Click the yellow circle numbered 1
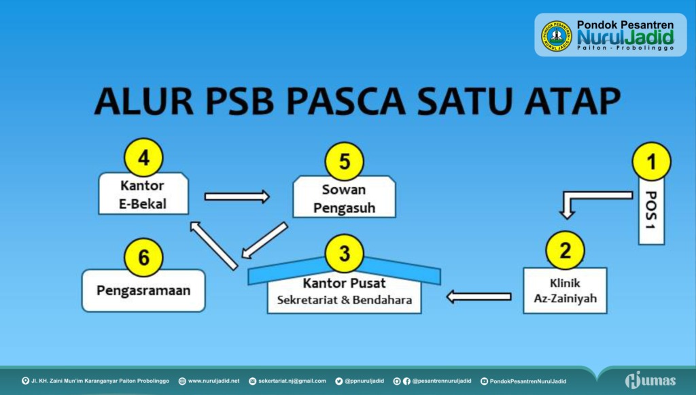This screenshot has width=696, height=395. pos(651,162)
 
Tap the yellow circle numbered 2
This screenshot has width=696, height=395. pos(565,250)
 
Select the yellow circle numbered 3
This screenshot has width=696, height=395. pos(345,254)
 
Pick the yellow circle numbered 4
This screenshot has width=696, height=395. pos(144,158)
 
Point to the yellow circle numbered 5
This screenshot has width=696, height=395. pos(345,162)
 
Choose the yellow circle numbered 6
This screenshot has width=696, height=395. pos(144,258)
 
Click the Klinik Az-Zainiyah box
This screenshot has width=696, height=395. pos(565,291)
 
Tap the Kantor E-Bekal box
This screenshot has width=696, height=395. pos(143,194)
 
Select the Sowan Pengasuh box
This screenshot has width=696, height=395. pos(344,197)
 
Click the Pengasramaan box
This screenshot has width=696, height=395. pos(143,291)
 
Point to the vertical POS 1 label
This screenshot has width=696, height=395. pos(651,210)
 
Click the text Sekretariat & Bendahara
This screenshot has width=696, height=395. pos(345,300)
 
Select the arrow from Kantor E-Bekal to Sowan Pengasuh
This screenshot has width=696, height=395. pos(237,196)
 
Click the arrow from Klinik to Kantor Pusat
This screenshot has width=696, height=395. pos(478,296)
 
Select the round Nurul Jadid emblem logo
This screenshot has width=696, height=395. pos(556,35)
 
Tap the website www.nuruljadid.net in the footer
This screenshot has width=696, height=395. pos(213,381)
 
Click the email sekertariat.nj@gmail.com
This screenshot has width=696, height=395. pos(292,381)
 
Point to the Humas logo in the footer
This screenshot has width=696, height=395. pos(650,380)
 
